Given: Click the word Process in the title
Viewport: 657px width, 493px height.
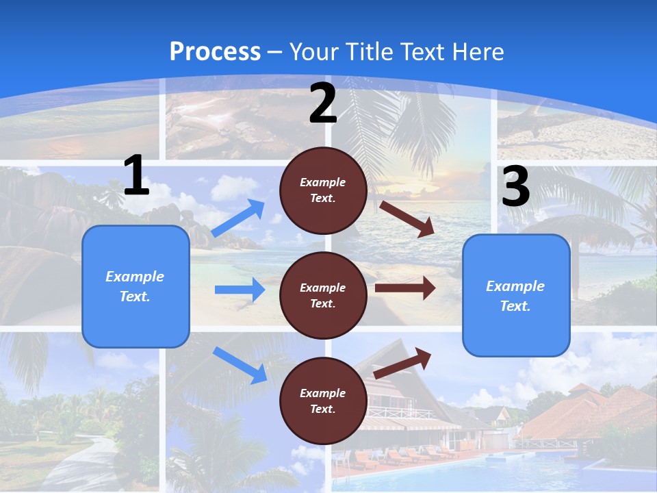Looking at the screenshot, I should pos(215,52).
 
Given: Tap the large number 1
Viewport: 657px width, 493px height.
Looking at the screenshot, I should pos(136,175).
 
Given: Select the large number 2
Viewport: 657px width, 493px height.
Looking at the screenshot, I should pos(323,103).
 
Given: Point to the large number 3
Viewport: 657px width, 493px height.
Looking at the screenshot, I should pos(515,187).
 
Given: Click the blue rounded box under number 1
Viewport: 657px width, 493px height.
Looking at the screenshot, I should pos(136,286).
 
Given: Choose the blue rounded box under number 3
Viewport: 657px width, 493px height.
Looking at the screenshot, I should pos(516,295).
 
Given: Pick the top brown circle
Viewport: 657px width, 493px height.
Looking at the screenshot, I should pos(323,190).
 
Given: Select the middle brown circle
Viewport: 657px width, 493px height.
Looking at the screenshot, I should pos(323,295).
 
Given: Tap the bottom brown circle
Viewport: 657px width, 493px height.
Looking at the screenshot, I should pos(323,401).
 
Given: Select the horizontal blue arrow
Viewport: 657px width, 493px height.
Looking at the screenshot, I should pos(240,290).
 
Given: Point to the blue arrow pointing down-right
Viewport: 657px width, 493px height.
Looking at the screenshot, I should pos(240,365).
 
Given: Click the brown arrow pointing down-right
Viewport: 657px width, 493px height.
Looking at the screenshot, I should pos(407,218).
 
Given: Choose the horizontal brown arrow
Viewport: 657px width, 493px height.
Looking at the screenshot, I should pos(405,288).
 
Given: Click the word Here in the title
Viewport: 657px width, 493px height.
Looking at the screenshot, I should pos(479,52).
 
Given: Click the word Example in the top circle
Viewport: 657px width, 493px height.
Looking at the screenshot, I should pos(323,182).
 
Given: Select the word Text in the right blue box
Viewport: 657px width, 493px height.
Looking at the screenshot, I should pos(515,306).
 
